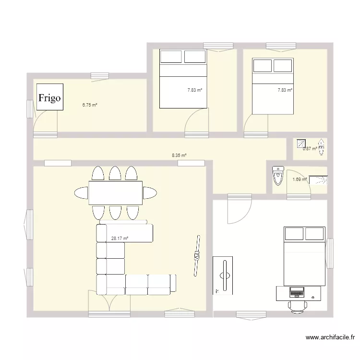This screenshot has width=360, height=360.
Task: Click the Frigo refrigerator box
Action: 50,98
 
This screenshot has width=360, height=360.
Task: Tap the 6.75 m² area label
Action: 90,104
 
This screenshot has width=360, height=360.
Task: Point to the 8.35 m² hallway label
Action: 179,155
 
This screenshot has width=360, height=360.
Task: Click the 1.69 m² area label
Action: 300,180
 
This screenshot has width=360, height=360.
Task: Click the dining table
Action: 115,192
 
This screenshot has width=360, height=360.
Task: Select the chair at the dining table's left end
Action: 81,193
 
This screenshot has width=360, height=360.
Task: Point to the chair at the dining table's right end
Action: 150,193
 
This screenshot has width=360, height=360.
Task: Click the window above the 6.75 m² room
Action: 99,75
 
